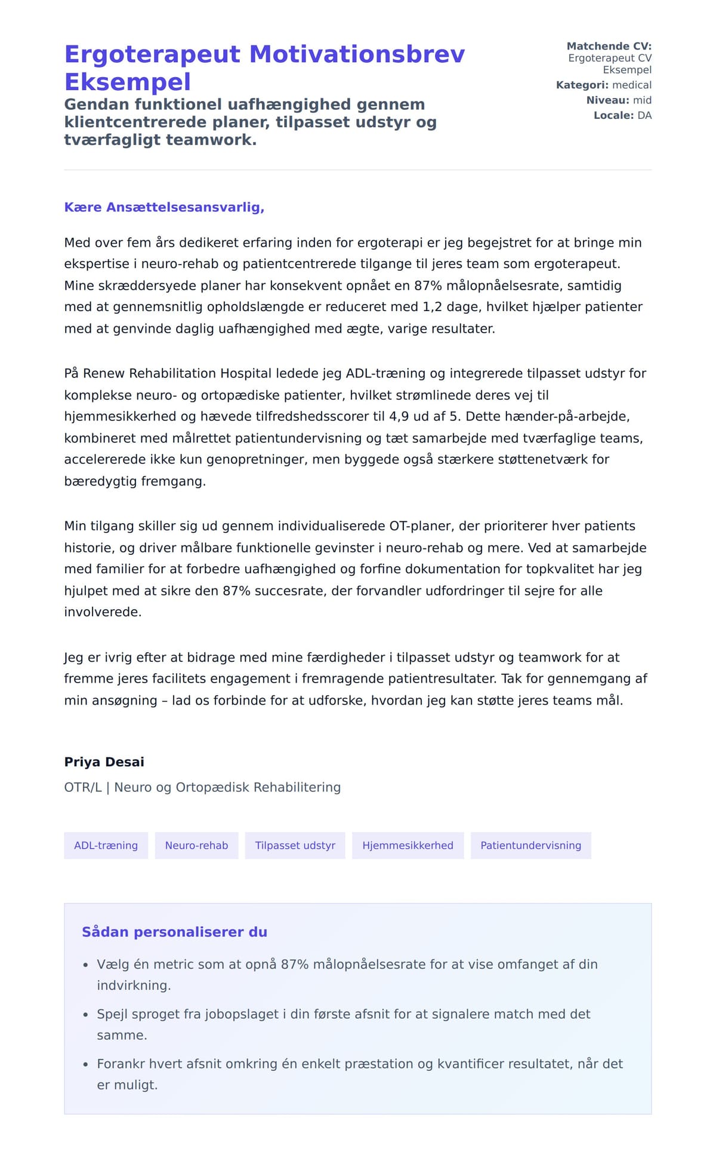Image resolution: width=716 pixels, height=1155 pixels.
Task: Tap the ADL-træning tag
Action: click(106, 845)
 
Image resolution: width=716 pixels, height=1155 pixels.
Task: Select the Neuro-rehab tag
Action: click(196, 845)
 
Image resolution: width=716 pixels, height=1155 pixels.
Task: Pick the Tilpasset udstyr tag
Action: click(295, 845)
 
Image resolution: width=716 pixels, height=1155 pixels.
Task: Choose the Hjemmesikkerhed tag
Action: click(408, 845)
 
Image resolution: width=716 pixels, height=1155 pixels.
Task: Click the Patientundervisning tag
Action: click(530, 845)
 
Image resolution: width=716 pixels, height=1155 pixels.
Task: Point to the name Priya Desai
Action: click(104, 761)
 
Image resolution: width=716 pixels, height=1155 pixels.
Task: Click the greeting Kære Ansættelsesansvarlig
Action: click(164, 207)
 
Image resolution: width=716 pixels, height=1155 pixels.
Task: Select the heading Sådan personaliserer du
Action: click(174, 932)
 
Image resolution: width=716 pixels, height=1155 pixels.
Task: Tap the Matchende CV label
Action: click(609, 46)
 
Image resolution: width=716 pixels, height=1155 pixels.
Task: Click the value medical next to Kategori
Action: click(632, 85)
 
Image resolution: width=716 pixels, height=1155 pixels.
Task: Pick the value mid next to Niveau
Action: click(642, 100)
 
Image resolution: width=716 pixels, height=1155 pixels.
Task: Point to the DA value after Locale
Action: click(644, 115)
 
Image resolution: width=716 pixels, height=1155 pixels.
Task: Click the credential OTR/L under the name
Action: click(83, 787)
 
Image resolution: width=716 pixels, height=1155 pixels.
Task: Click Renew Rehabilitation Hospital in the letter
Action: click(177, 373)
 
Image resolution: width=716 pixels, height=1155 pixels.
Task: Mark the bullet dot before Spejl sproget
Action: click(85, 1015)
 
